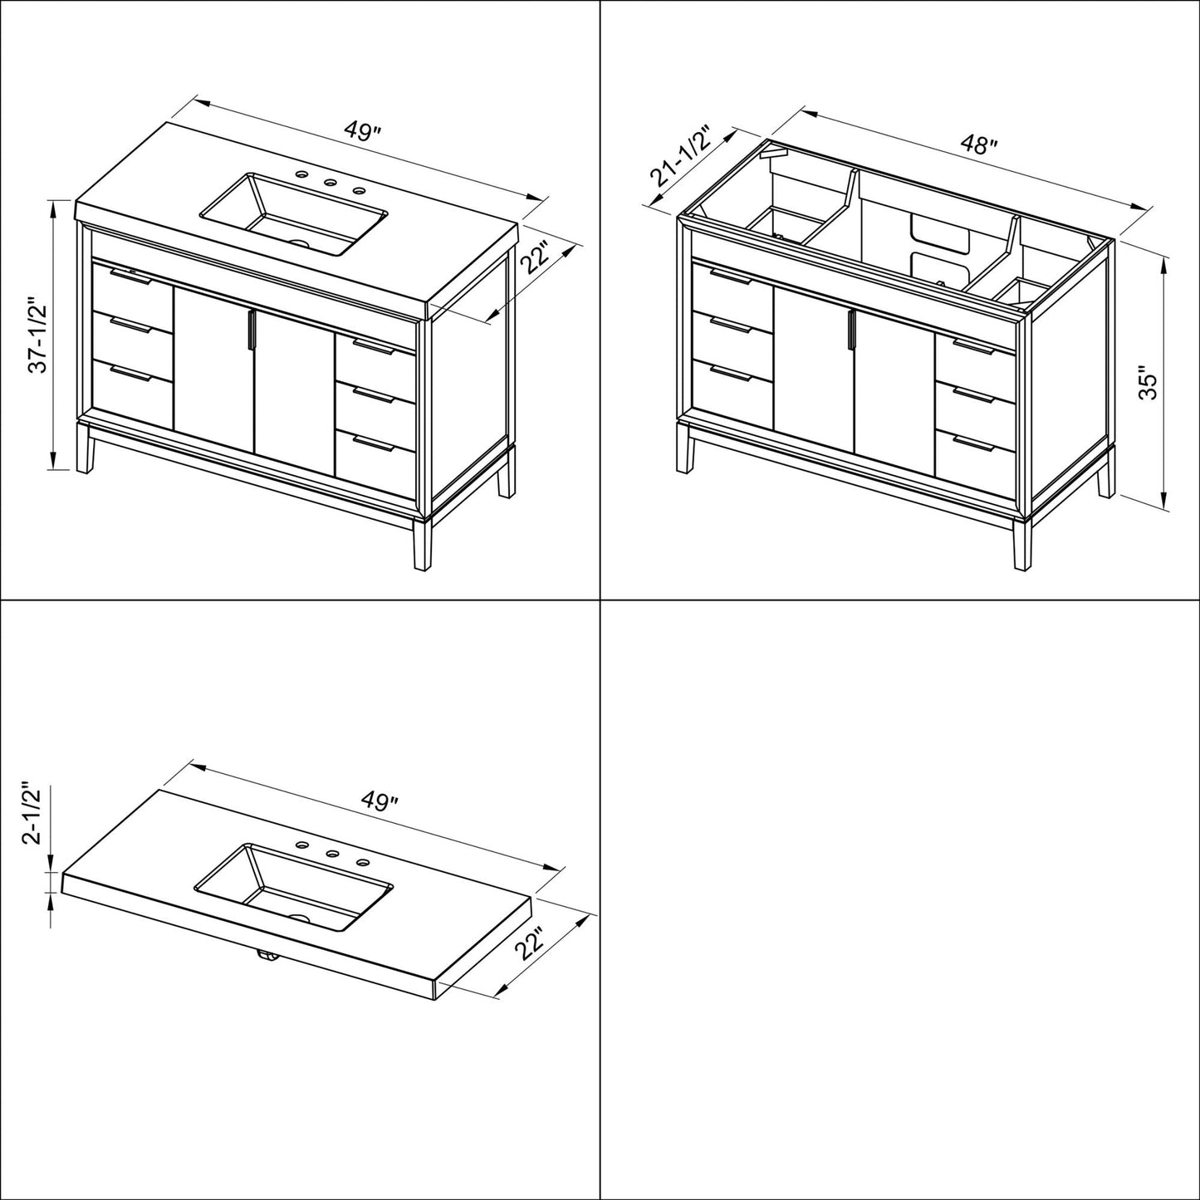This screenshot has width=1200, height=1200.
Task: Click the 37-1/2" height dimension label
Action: point(39,335)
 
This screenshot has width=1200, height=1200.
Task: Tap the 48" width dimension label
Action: point(979,146)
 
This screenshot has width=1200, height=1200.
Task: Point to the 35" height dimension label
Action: point(1149,384)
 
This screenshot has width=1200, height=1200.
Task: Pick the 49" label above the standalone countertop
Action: point(380,801)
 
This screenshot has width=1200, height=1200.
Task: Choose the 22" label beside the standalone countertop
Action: point(531,944)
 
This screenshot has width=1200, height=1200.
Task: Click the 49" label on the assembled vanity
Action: point(364,133)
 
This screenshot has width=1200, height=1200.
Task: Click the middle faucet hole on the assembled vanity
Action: point(331,183)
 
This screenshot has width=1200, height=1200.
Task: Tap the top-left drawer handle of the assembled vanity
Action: point(130,277)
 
